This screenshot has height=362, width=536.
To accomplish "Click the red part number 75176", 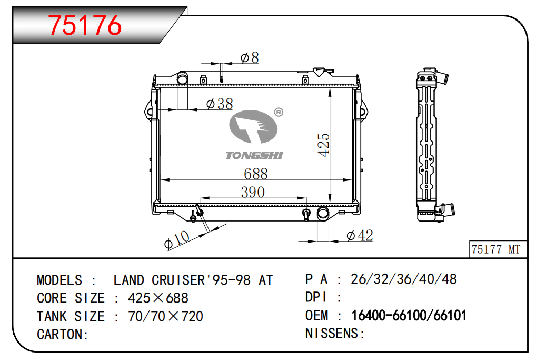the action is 85,25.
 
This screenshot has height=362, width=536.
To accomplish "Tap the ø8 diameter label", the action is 250,57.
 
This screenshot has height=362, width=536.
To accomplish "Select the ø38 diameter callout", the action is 220,104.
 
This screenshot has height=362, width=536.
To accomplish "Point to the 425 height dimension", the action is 323,145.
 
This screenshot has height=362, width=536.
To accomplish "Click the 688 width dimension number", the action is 256,174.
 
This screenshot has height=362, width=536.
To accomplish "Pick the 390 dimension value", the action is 253,192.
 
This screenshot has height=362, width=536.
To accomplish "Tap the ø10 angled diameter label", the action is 176,239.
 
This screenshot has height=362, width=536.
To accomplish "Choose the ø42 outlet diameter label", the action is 359,235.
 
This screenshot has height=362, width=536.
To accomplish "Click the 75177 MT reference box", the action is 498,249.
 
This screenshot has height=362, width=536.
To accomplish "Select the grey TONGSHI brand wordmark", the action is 254,155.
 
